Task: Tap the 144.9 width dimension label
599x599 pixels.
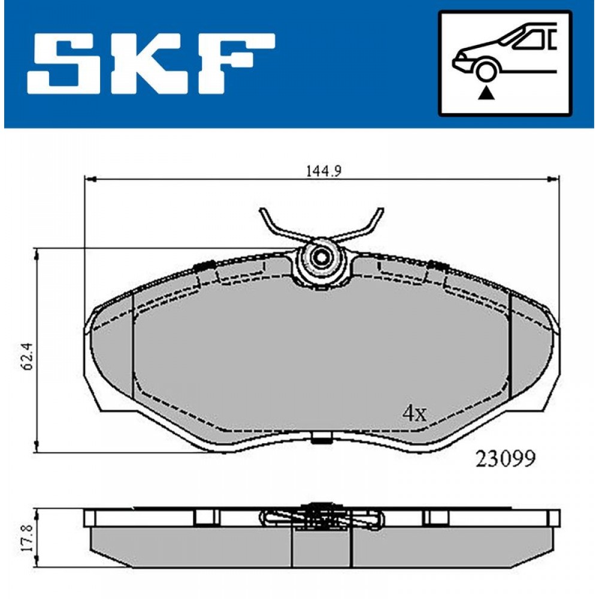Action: click(x=323, y=171)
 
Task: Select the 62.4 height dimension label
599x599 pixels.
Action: click(x=29, y=356)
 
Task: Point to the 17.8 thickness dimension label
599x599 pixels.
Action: click(x=29, y=538)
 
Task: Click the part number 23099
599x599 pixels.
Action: click(x=505, y=458)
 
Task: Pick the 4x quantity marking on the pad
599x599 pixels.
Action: click(x=415, y=413)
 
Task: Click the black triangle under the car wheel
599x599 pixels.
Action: click(x=486, y=93)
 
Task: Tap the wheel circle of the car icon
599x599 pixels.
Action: click(x=486, y=70)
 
